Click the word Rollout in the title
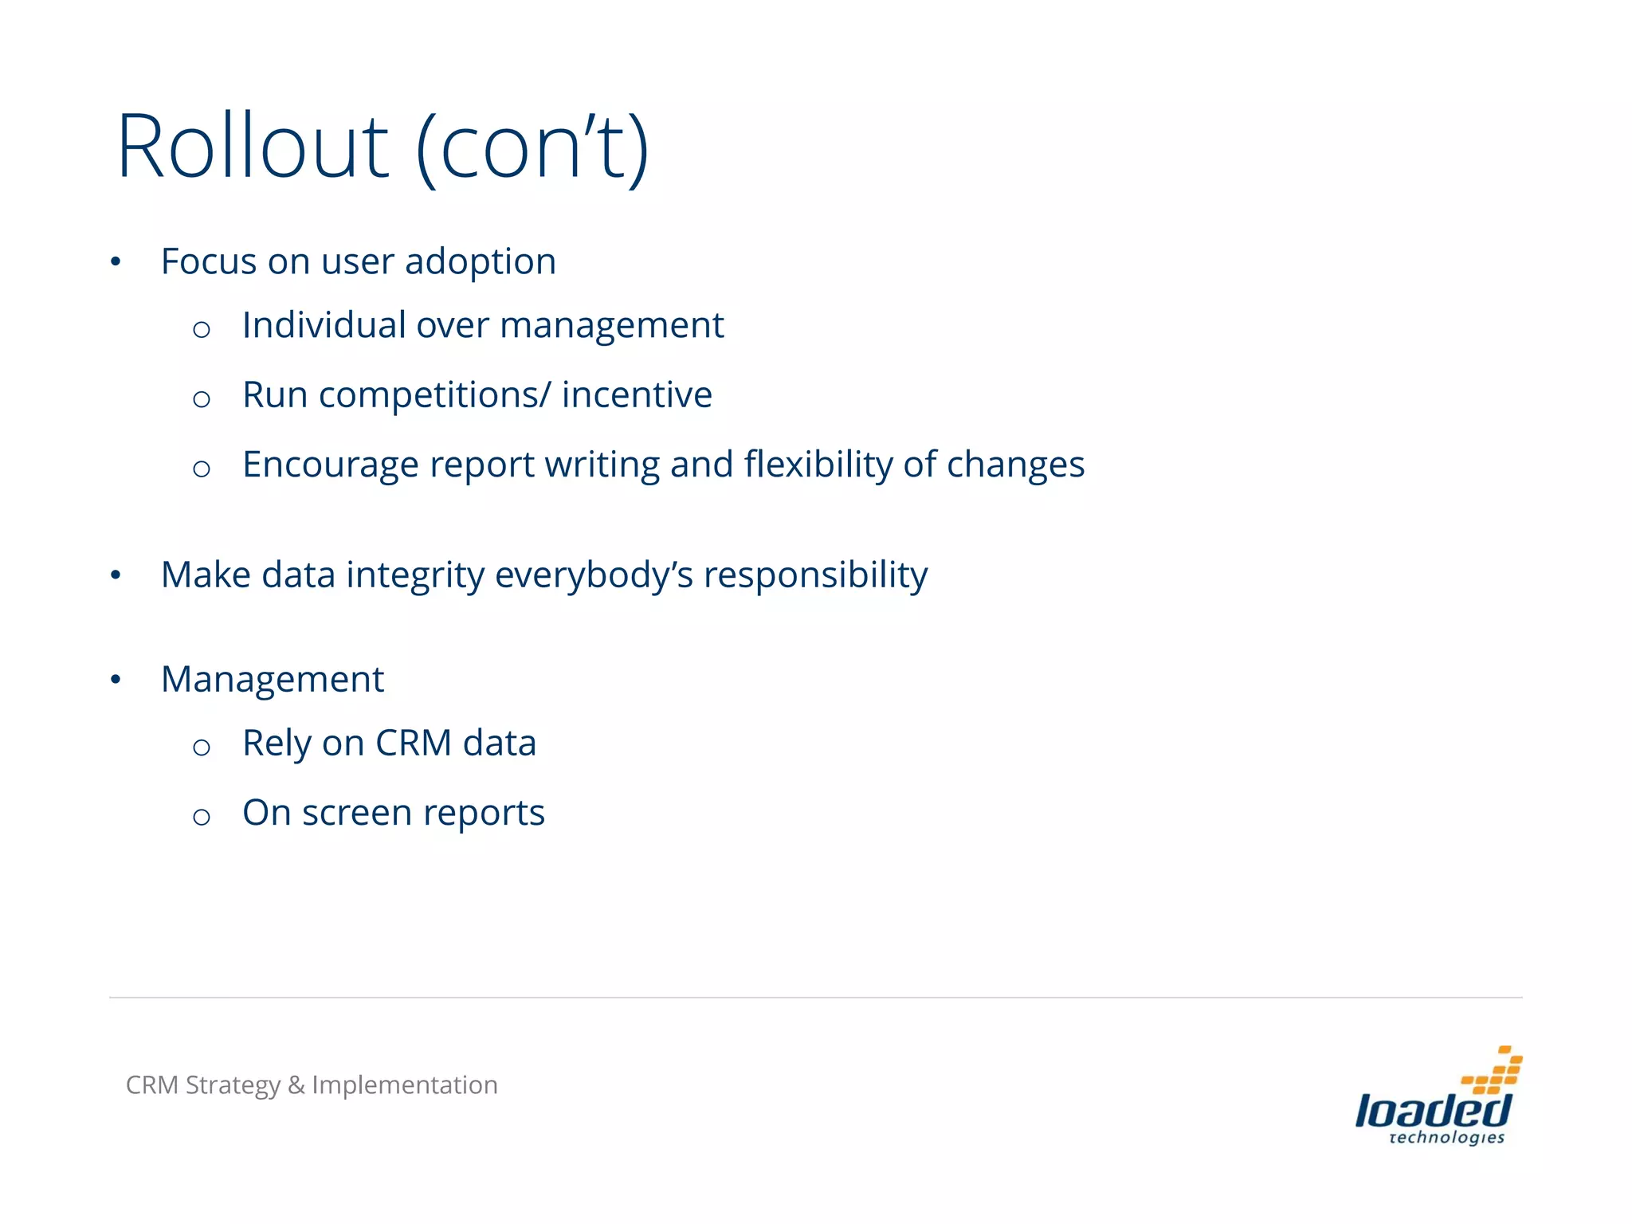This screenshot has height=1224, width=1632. click(253, 147)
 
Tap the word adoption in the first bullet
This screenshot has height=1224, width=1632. click(480, 262)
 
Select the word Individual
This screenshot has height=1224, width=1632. click(324, 325)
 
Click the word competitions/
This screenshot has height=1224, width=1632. click(434, 395)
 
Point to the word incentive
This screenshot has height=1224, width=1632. click(637, 395)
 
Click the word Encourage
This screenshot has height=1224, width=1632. click(330, 465)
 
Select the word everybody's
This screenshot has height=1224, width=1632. click(594, 575)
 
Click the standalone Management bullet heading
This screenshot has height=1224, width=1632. click(273, 680)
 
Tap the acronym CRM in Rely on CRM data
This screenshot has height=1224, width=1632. click(414, 743)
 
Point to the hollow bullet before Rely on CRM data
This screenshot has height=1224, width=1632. click(202, 747)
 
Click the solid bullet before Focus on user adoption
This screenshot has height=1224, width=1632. click(116, 261)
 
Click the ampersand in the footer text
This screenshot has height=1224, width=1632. click(296, 1085)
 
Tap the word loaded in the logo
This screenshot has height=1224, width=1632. click(1432, 1111)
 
